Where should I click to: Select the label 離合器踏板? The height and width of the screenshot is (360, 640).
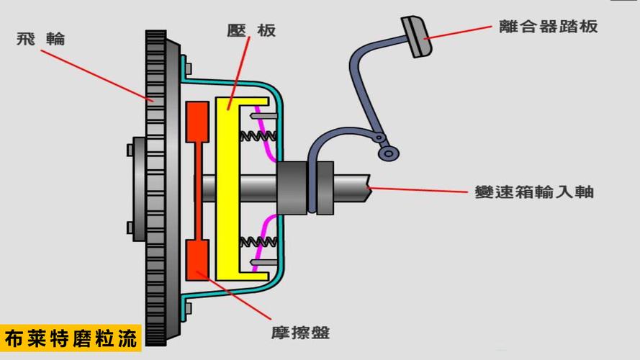pyautogui.click(x=549, y=27)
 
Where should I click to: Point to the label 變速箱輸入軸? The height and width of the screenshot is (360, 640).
pyautogui.click(x=534, y=192)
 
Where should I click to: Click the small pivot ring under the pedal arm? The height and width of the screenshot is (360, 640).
pyautogui.click(x=388, y=153)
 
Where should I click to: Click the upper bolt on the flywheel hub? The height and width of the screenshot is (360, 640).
pyautogui.click(x=130, y=150)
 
